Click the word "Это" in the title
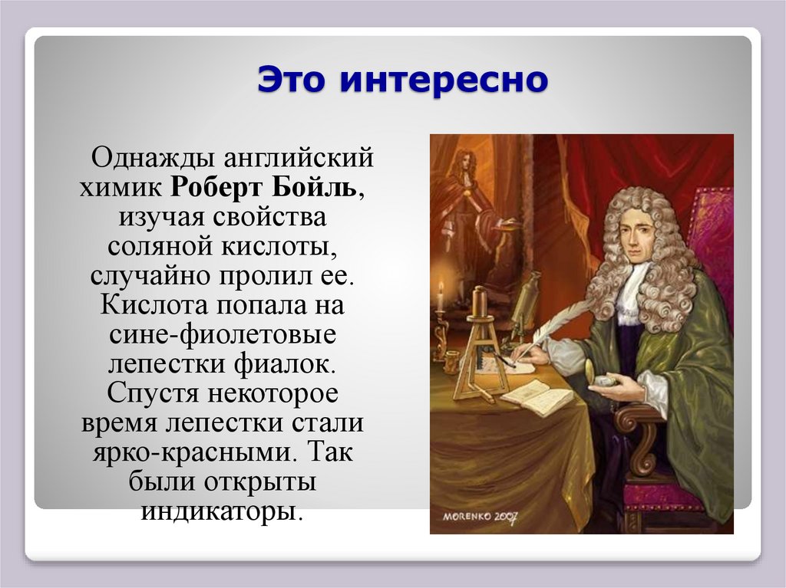(292, 79)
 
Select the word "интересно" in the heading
(444, 79)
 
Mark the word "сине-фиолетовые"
(223, 335)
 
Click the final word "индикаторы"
(218, 509)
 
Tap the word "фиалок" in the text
(311, 364)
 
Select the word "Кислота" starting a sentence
(150, 305)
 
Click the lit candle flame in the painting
(441, 289)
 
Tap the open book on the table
(536, 396)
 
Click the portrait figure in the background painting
(462, 199)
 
